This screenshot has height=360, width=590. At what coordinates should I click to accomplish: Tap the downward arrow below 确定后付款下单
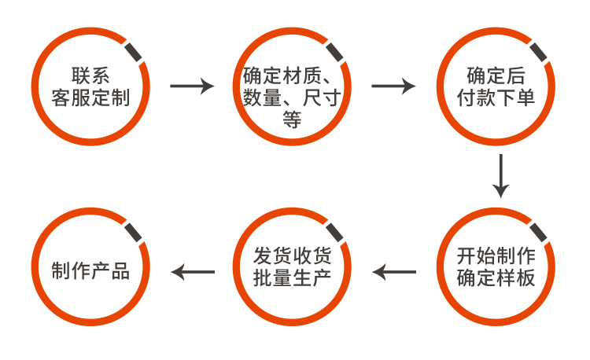pos(500,176)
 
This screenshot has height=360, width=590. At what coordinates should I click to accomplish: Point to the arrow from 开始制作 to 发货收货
pos(394,273)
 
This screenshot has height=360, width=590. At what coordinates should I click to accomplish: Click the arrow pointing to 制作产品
pos(193,273)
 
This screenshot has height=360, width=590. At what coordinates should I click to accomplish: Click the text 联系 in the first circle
pos(90,76)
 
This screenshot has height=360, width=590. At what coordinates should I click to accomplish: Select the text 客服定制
pos(90,97)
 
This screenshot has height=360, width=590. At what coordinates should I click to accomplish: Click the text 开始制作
pos(496,257)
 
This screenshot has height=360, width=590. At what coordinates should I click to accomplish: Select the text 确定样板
pos(496,279)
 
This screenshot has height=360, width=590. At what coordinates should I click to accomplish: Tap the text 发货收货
pos(293,257)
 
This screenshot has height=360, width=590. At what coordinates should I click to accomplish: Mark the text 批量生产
pos(293,279)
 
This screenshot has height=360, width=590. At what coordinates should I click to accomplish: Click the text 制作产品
pos(90,269)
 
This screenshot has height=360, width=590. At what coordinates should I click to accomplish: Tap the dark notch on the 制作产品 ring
pos(133,233)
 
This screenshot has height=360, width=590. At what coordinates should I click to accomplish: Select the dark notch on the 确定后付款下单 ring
pos(539,50)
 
